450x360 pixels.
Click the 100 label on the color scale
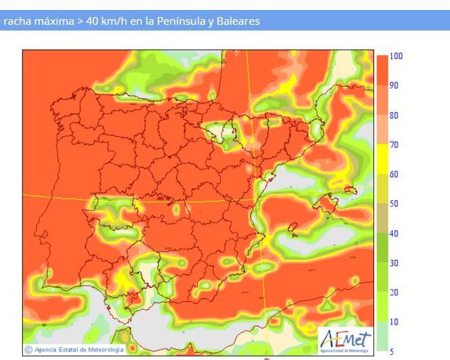point(396,55)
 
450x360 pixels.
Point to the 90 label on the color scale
point(395,85)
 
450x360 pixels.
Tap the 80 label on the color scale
point(395,115)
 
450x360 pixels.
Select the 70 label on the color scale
point(395,145)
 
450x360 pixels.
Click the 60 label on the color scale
point(395,174)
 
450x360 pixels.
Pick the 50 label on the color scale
point(395,204)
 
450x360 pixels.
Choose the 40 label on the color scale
point(395,234)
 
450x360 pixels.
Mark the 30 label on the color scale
point(395,263)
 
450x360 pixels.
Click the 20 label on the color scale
point(395,293)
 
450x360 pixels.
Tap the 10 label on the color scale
point(395,322)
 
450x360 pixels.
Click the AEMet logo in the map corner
point(346,340)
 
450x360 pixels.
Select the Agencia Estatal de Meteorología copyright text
point(75,349)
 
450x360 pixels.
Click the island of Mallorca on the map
point(325,204)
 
